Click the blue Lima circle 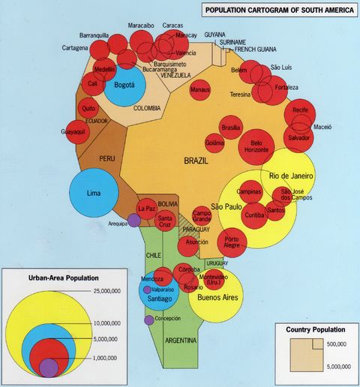coord(94,193)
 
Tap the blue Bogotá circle coord(124,87)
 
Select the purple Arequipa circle coord(133,220)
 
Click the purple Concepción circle coord(148,320)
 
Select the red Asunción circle coord(191,245)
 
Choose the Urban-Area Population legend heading coord(52,277)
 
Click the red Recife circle coord(301,112)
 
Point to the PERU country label coord(107,159)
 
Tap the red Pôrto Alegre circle coord(232,244)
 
